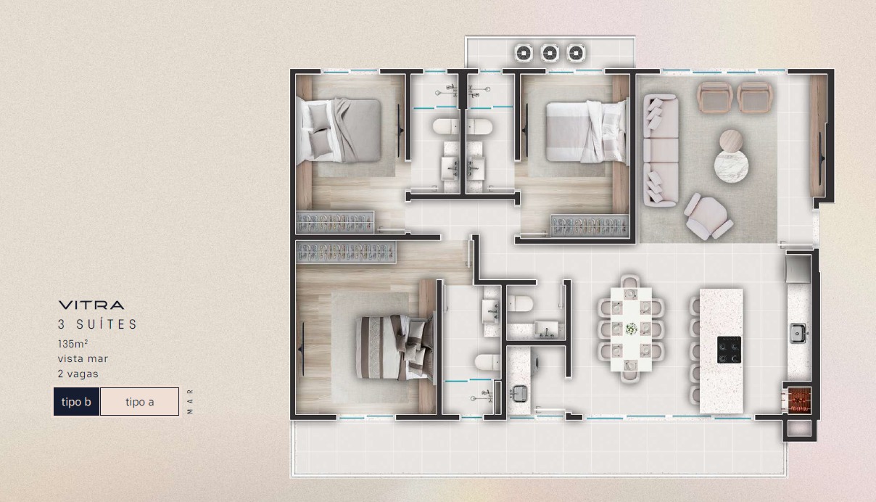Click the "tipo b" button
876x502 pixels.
[77, 401]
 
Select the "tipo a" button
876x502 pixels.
[140, 401]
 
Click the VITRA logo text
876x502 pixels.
[91, 305]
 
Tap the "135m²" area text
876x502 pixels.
[73, 344]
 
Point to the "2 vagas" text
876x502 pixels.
[78, 374]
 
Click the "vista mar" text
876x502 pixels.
[83, 358]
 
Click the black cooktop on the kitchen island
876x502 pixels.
[729, 350]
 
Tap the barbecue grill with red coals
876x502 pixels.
[799, 400]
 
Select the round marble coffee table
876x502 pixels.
[731, 166]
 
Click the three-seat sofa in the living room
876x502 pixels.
[661, 150]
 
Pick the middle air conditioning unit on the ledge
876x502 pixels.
[550, 52]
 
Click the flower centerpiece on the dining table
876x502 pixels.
[631, 329]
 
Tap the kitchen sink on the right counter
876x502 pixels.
[798, 334]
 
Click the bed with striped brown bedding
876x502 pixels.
[395, 347]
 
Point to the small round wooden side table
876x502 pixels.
[731, 140]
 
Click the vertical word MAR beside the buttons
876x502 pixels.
[190, 401]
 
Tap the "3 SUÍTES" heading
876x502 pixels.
[98, 324]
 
